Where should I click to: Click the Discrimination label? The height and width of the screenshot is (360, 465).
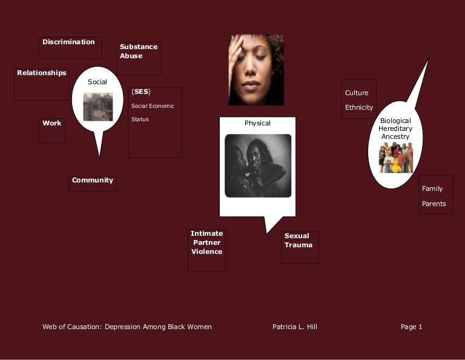[x=68, y=42]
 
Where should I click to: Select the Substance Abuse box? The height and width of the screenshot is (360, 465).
[x=138, y=52]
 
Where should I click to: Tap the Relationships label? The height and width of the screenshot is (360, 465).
[x=41, y=73]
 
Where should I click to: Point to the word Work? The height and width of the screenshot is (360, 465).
[x=51, y=123]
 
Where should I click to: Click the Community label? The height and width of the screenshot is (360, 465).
[x=92, y=180]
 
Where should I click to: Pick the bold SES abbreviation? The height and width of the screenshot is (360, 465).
[x=140, y=92]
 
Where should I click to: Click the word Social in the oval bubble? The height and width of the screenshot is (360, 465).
[x=97, y=82]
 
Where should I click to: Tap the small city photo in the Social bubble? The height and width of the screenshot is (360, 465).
[x=97, y=107]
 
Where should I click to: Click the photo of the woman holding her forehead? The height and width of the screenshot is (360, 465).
[x=256, y=70]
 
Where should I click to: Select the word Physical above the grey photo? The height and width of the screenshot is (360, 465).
[x=257, y=123]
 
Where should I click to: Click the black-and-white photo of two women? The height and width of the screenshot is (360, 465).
[x=257, y=165]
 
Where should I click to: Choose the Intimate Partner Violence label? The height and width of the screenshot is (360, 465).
[x=206, y=242]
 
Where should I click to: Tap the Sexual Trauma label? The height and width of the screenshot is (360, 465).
[x=298, y=241]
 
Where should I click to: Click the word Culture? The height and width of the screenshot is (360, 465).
[x=357, y=93]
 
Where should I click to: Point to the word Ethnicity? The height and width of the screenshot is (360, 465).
[x=359, y=107]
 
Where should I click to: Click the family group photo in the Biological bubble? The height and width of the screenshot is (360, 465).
[x=395, y=158]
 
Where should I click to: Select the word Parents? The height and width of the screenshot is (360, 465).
[x=434, y=204]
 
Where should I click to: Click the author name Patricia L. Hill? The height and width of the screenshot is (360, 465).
[x=294, y=327]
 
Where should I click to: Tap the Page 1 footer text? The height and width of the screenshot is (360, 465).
[x=411, y=327]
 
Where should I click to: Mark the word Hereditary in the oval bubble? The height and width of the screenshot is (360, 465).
[x=395, y=128]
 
